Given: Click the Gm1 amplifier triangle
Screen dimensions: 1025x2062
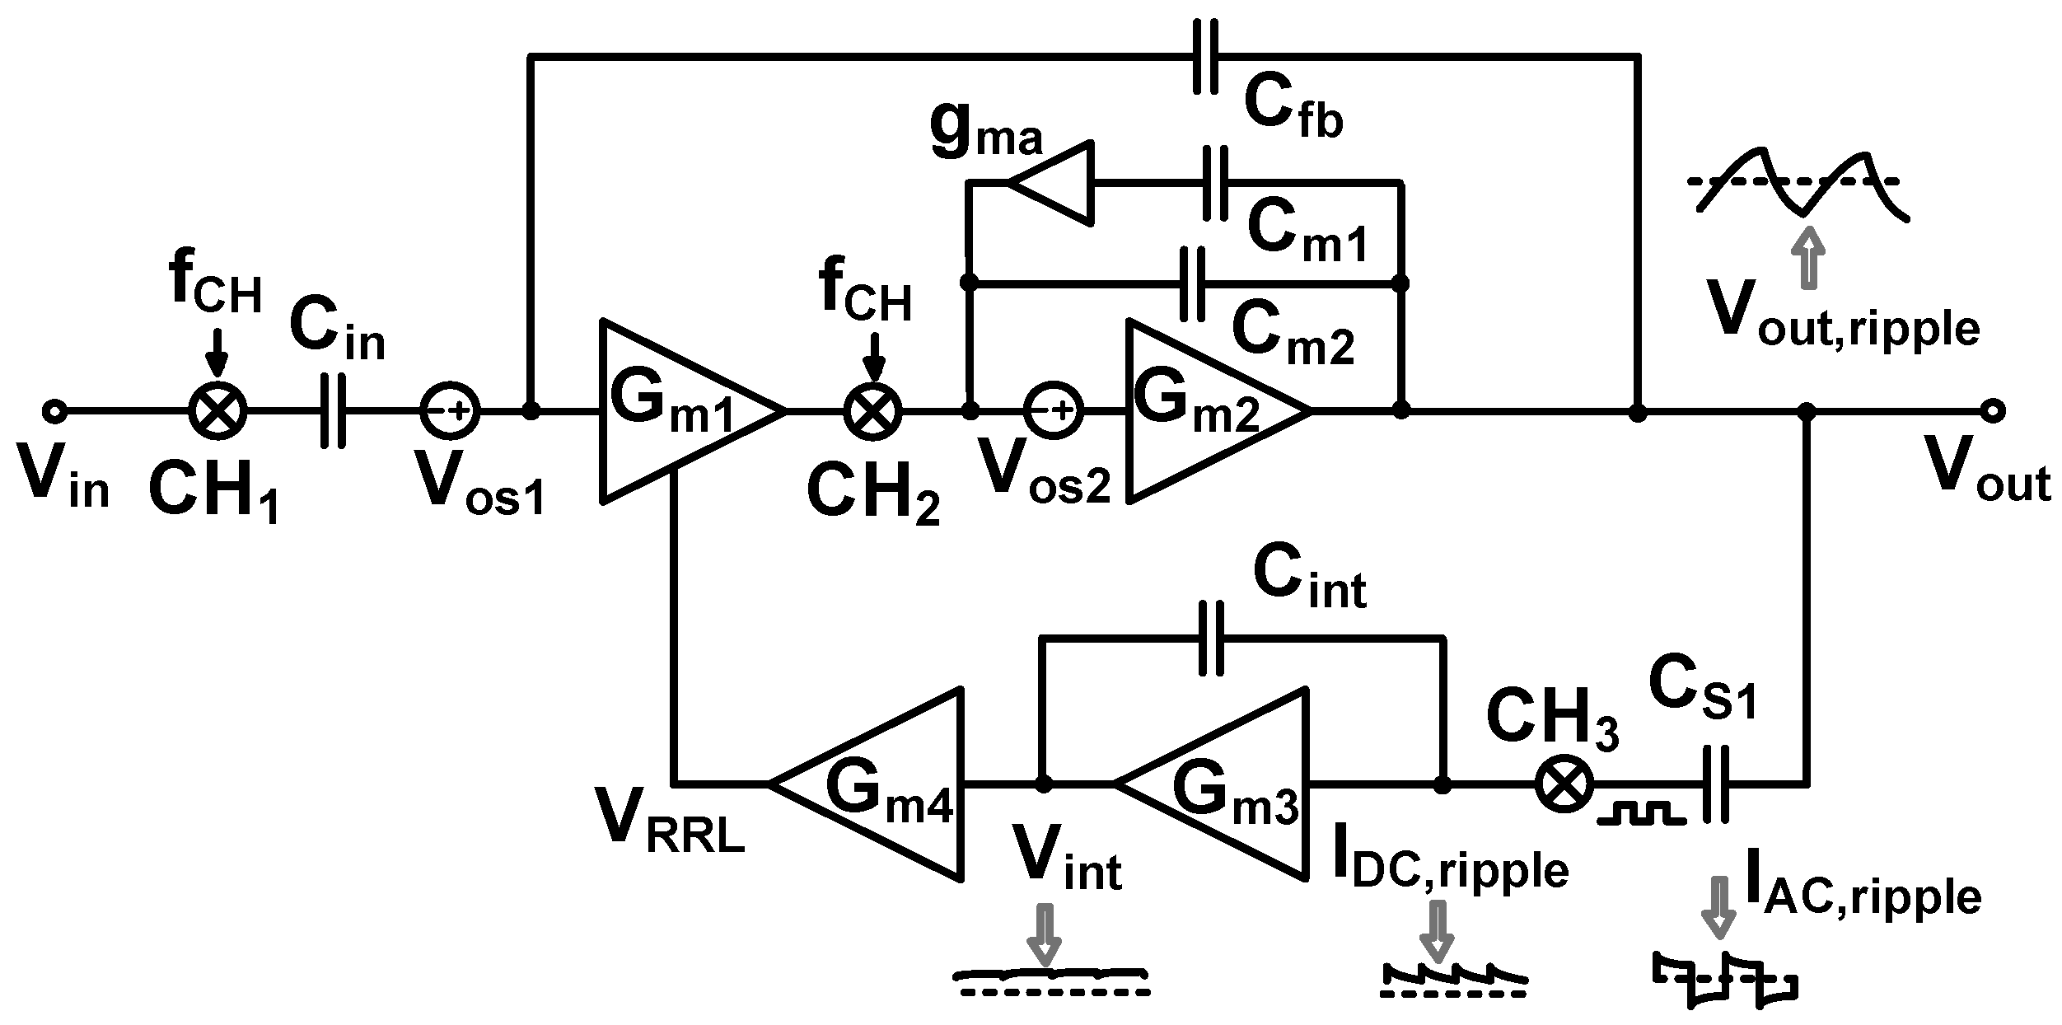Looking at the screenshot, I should click(x=676, y=410).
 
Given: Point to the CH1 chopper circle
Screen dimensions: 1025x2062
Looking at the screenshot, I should click(x=217, y=410).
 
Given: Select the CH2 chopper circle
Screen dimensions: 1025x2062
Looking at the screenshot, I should click(x=874, y=410).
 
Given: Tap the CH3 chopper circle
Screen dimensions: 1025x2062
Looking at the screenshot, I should click(x=1563, y=785).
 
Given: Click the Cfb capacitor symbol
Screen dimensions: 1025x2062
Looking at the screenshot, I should click(x=1206, y=56).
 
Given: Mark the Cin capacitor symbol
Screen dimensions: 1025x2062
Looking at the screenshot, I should click(x=332, y=410).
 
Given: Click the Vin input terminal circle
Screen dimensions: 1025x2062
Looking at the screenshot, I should click(x=54, y=410).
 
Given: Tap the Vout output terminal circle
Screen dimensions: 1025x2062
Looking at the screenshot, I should click(x=1993, y=410).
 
